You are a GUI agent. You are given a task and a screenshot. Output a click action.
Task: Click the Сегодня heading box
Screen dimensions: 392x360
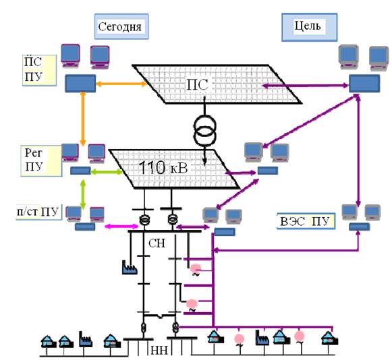point(121,26)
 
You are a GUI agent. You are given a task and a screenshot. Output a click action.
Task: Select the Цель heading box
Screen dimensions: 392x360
point(310,27)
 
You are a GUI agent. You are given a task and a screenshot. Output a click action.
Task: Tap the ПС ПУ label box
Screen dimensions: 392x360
point(40,70)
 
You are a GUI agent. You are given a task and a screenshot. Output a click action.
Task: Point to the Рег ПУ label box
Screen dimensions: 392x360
point(41,161)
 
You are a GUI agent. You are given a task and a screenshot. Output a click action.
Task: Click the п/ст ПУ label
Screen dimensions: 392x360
point(38,212)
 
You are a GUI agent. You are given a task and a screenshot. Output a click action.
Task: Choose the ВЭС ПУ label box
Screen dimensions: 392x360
point(306,221)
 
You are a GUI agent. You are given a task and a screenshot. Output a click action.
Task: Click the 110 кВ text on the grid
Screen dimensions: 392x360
point(163,169)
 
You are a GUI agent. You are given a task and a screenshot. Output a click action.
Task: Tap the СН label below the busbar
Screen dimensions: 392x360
point(157,243)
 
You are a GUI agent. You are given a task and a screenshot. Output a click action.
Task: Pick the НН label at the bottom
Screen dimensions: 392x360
point(159,351)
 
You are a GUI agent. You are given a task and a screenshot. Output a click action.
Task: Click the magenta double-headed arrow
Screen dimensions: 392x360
point(121,227)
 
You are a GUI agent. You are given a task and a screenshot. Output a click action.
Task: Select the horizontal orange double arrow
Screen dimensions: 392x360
point(121,84)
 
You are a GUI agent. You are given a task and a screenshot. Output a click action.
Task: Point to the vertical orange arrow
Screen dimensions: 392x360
point(83,119)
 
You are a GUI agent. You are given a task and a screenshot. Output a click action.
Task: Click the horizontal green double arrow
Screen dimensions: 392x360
point(107,172)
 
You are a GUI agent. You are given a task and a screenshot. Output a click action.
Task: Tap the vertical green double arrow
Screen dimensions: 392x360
point(83,194)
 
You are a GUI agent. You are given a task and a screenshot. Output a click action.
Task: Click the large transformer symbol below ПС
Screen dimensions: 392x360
point(204,130)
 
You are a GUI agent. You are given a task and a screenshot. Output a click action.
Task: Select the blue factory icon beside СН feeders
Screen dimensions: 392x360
point(130,268)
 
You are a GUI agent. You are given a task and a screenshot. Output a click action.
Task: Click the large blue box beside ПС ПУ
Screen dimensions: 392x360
point(80,84)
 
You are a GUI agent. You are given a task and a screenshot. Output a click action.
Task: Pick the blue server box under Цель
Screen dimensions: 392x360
point(364,84)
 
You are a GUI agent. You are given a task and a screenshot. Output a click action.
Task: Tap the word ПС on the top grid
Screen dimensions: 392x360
point(197,85)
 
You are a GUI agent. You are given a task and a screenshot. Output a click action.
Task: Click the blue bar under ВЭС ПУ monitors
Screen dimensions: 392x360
point(360,227)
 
